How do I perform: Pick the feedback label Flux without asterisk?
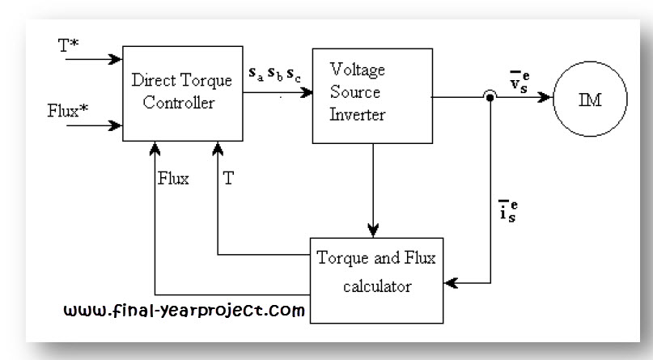(x=173, y=179)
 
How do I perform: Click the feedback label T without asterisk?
(x=228, y=179)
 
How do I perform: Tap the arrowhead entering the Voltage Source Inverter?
(x=307, y=92)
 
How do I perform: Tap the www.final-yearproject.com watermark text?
(x=185, y=309)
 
